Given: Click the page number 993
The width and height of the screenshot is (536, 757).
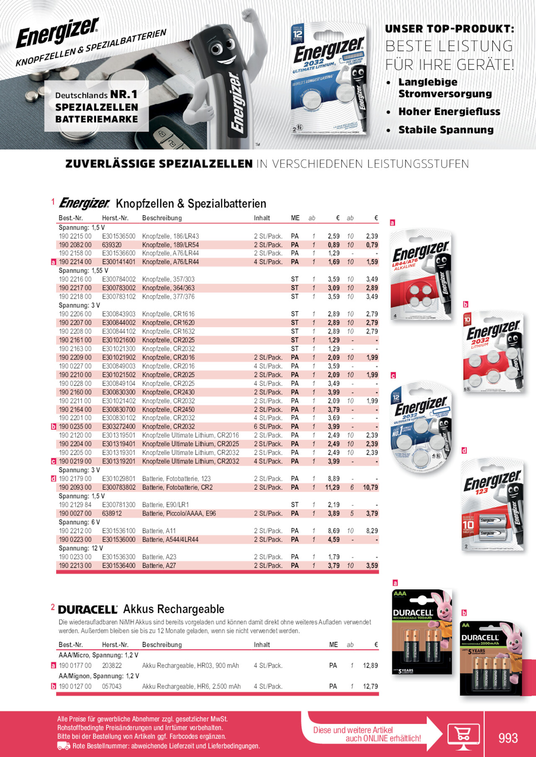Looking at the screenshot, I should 508,738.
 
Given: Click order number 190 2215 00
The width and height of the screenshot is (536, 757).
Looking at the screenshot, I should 75,236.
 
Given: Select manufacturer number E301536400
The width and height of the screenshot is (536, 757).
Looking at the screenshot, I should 119,565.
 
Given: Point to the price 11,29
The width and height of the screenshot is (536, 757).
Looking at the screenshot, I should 332,487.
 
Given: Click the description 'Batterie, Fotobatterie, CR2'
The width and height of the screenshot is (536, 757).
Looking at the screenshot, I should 177,487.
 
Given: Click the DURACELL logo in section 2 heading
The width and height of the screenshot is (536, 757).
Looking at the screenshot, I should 88,609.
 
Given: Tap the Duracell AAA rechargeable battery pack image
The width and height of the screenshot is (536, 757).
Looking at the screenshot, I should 422,632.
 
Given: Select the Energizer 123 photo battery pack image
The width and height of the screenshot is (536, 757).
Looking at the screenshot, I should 492,505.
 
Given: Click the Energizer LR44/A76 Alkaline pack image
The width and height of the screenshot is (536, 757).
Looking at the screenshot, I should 421,275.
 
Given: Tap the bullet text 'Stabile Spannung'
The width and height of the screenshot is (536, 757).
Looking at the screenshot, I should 446,130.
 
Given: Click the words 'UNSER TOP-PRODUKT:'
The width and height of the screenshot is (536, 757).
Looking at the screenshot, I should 449,29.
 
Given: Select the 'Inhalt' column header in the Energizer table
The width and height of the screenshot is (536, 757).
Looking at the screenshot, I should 262,218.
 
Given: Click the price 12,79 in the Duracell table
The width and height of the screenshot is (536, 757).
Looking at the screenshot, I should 370,686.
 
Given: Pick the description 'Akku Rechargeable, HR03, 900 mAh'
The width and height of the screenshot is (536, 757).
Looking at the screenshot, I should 190,665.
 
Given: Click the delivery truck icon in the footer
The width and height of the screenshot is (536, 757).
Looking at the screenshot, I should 63,746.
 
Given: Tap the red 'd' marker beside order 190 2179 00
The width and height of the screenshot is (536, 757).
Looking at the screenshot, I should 53,479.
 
